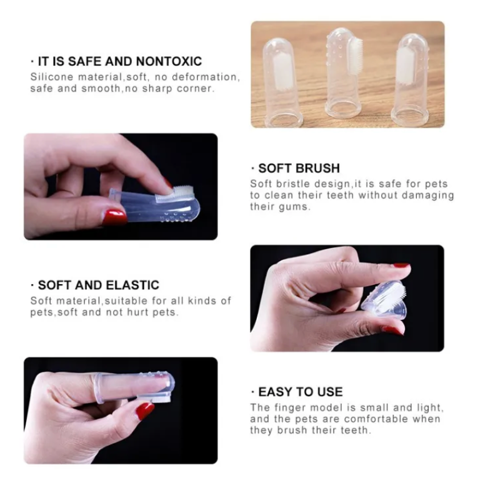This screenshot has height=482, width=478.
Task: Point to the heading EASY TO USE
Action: click(300, 392)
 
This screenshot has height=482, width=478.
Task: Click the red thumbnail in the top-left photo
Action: click(114, 217)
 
